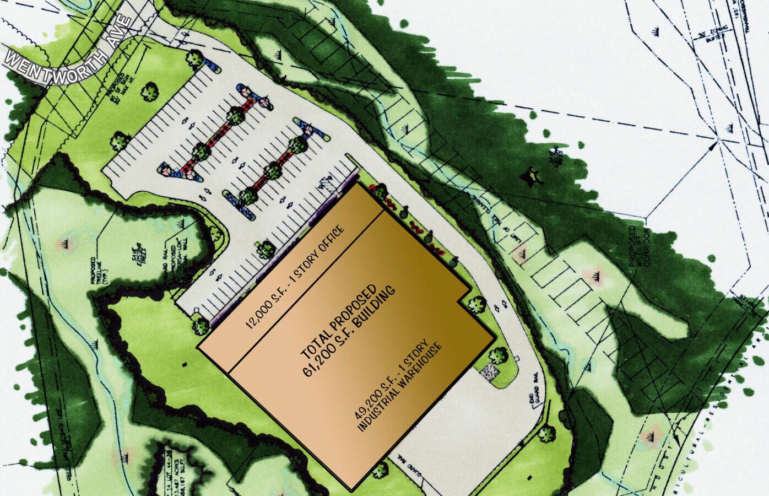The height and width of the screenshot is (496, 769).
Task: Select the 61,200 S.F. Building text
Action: [350, 331]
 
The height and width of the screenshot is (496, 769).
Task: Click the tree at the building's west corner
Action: [199, 327]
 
